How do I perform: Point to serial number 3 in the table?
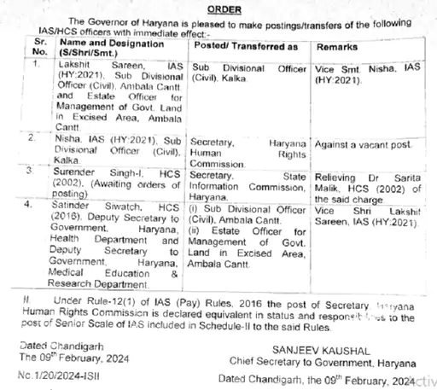click(34, 170)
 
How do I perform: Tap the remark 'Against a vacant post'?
click(358, 144)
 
